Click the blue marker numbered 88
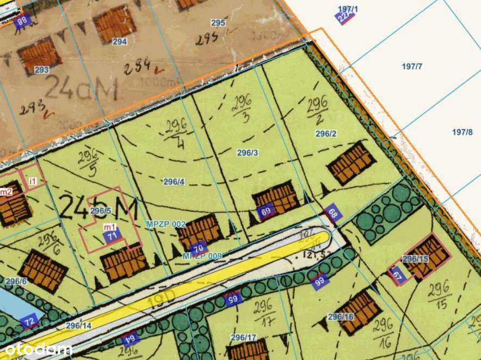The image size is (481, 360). (22, 22)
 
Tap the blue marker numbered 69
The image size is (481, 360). (266, 211)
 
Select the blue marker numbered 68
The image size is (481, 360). (333, 214)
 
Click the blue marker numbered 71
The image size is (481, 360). (113, 236)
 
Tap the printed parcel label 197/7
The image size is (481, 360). (412, 66)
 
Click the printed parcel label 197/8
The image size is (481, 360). (462, 132)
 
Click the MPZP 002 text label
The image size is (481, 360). (166, 224)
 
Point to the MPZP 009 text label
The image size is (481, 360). (202, 255)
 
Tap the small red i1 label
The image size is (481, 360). (33, 180)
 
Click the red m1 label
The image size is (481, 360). (109, 227)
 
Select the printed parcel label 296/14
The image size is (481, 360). (79, 325)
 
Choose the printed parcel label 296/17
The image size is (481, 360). (243, 337)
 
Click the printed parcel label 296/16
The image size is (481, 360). (341, 316)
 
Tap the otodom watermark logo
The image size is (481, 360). (36, 349)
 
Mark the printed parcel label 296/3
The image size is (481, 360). (247, 153)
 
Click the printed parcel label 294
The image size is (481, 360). (120, 41)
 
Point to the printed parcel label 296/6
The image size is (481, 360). (16, 281)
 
